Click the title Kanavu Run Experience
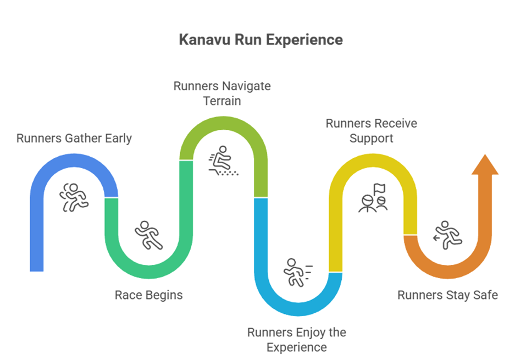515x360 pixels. [x=261, y=40]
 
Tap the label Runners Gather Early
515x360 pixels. [x=74, y=139]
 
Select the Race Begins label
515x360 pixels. [x=148, y=295]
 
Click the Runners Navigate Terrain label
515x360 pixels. [x=222, y=94]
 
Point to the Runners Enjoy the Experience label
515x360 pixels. [x=296, y=340]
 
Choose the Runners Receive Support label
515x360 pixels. [x=371, y=131]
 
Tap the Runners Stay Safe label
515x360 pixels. [x=447, y=295]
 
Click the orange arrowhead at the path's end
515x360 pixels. [x=485, y=165]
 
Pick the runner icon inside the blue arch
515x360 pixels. [x=74, y=197]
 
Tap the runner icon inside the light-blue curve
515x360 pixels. [x=297, y=272]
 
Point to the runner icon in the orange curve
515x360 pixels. [x=446, y=234]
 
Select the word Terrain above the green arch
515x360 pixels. [x=222, y=102]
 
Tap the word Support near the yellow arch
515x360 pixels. [x=371, y=139]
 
